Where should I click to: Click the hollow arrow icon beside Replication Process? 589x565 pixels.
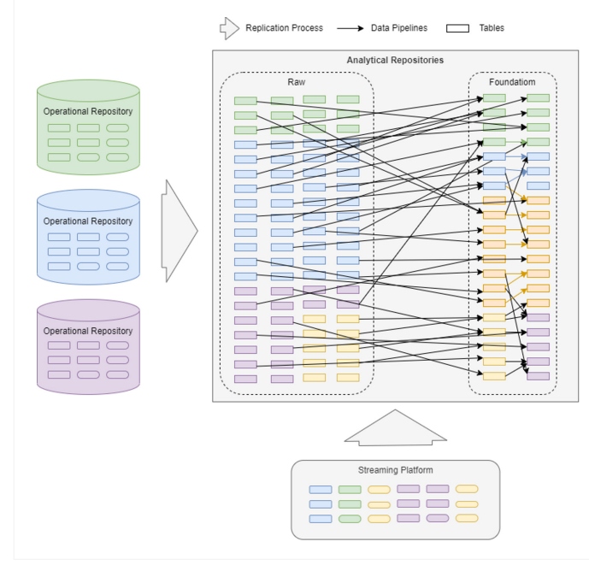[x=229, y=28]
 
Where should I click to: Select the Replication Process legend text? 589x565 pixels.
[x=284, y=28]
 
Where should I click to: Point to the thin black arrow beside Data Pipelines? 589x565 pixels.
[x=350, y=28]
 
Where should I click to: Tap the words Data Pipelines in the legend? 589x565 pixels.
[x=399, y=28]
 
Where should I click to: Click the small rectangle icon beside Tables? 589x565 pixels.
[x=458, y=28]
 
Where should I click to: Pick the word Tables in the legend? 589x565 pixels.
[x=492, y=28]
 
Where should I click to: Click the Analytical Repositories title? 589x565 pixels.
[x=395, y=61]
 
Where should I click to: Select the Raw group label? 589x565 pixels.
[x=296, y=82]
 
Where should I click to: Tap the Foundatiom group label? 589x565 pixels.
[x=512, y=82]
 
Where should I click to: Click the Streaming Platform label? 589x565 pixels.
[x=395, y=470]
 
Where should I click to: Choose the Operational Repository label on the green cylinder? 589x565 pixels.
[x=88, y=112]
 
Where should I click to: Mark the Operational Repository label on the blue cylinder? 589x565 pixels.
[x=88, y=221]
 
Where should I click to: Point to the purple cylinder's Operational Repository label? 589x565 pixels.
[x=88, y=331]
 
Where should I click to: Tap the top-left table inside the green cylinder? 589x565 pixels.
[x=59, y=128]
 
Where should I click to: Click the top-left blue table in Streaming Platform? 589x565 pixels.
[x=321, y=490]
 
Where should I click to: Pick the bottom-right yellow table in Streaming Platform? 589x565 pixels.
[x=467, y=518]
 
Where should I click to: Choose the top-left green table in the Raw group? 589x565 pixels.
[x=245, y=101]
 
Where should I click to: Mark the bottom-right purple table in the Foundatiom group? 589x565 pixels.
[x=539, y=376]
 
